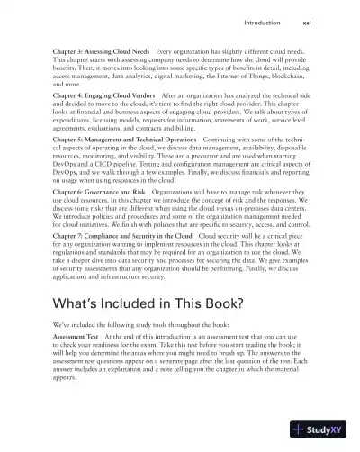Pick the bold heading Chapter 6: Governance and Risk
(x=94, y=191)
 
